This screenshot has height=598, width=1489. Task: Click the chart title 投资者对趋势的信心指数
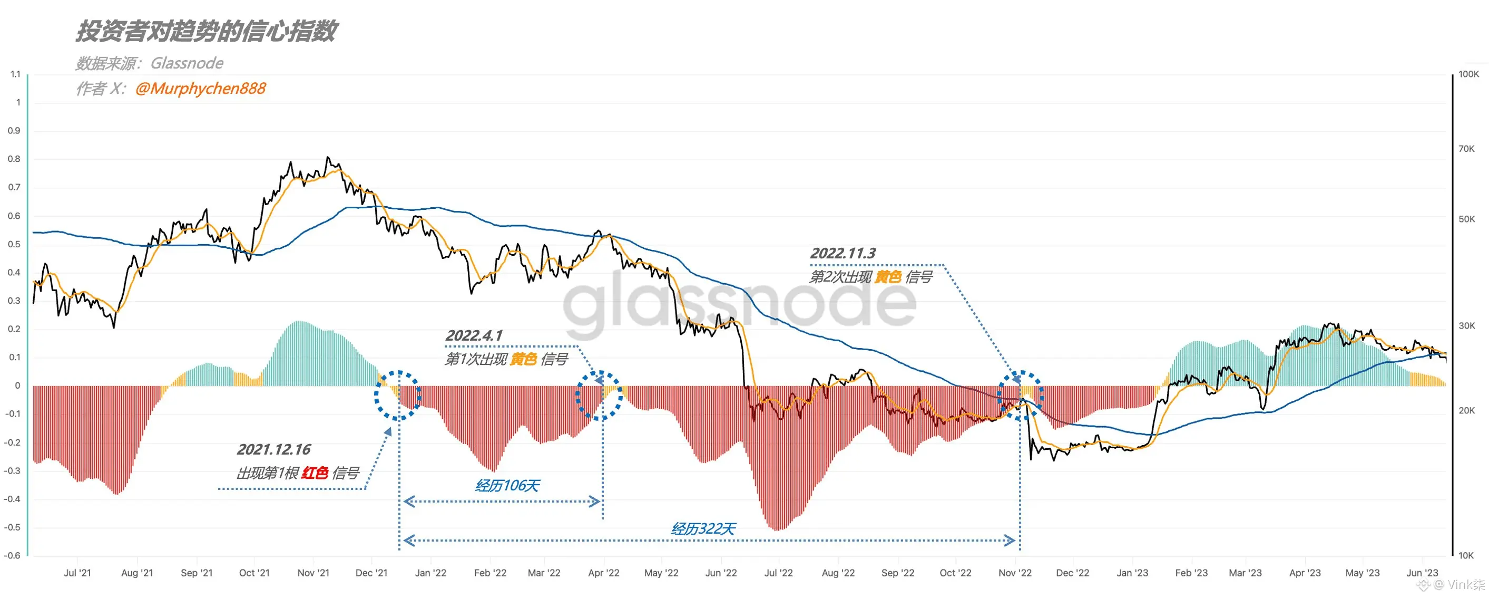206,32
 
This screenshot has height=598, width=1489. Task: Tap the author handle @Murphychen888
200,89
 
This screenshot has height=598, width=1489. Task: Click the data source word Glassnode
187,63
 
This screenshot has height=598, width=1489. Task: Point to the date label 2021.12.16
273,449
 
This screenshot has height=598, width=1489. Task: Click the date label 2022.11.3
842,253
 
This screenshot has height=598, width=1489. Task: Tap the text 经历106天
506,485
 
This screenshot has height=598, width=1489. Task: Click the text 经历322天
702,528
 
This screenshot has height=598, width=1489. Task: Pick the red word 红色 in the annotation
315,473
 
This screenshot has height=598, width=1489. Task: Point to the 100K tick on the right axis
1468,74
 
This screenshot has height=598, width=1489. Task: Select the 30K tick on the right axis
1466,325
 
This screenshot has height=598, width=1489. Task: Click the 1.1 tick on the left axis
15,74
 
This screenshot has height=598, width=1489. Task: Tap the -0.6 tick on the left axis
12,555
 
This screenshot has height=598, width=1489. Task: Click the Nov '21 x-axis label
313,573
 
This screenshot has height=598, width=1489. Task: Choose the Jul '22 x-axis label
778,573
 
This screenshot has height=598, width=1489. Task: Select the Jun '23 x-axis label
1422,573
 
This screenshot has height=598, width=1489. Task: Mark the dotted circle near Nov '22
1020,396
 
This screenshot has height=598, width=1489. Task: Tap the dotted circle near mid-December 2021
398,396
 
